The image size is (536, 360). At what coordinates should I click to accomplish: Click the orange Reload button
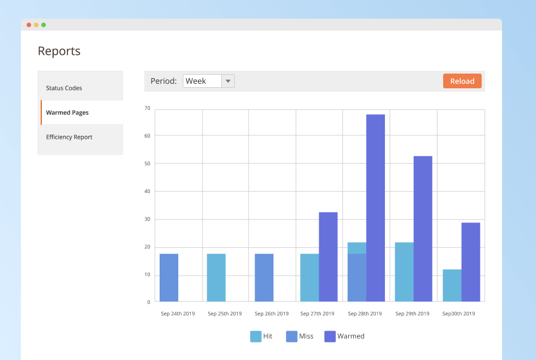tap(462, 81)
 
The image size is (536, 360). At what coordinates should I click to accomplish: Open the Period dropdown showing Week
tap(208, 81)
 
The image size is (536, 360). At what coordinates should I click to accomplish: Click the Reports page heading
tap(59, 51)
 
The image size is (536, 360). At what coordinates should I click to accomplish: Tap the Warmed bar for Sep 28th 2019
tap(375, 208)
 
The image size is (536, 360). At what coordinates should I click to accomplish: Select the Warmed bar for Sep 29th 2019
tap(423, 229)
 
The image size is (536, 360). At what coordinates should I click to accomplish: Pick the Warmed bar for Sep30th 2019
tap(470, 262)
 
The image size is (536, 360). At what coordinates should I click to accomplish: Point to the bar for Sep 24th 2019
tap(169, 277)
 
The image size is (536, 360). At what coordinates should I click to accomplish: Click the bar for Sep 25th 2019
tap(216, 277)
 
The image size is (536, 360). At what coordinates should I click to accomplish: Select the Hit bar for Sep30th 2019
tap(452, 285)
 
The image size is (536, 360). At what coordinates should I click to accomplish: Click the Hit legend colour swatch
tap(256, 336)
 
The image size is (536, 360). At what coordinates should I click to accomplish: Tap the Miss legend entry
tap(299, 336)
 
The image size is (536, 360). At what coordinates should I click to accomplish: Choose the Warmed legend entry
tap(344, 336)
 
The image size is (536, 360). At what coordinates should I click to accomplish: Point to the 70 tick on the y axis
tap(147, 108)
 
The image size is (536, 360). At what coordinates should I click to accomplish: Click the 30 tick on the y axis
tap(147, 219)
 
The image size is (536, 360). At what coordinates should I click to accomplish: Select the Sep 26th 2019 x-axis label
tap(272, 314)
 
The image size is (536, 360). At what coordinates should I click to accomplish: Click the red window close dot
tap(29, 25)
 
